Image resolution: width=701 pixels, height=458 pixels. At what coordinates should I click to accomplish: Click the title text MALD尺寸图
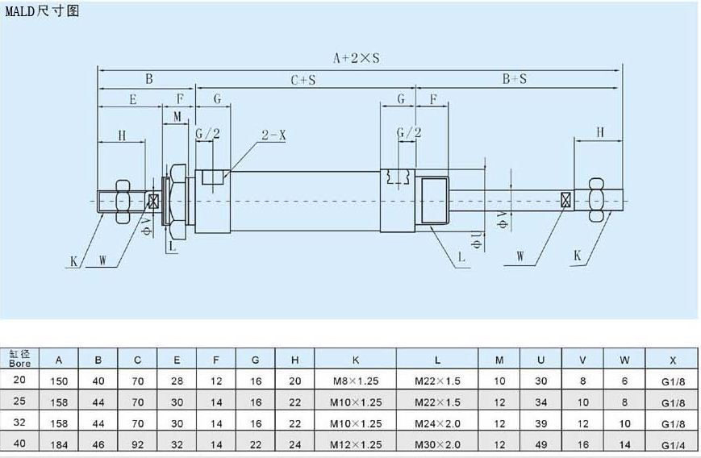click(x=42, y=10)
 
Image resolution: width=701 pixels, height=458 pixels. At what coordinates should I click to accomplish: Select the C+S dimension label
click(x=303, y=79)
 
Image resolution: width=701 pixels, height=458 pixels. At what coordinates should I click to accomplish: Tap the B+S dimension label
click(x=515, y=79)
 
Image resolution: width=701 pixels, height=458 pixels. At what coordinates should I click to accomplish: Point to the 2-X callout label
click(x=273, y=135)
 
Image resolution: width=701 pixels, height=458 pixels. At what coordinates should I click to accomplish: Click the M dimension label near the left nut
click(x=177, y=117)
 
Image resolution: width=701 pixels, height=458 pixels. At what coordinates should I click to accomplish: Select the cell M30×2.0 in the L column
click(x=437, y=444)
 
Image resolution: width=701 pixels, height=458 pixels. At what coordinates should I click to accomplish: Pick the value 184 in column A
click(x=60, y=444)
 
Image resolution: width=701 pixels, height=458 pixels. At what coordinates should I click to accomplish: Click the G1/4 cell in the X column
click(x=672, y=444)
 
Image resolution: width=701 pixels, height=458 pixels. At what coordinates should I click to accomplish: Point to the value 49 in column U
click(x=540, y=444)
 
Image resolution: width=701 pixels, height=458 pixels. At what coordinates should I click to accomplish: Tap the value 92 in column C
click(x=137, y=444)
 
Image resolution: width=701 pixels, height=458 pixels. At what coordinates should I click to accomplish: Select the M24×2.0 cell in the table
click(x=437, y=423)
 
